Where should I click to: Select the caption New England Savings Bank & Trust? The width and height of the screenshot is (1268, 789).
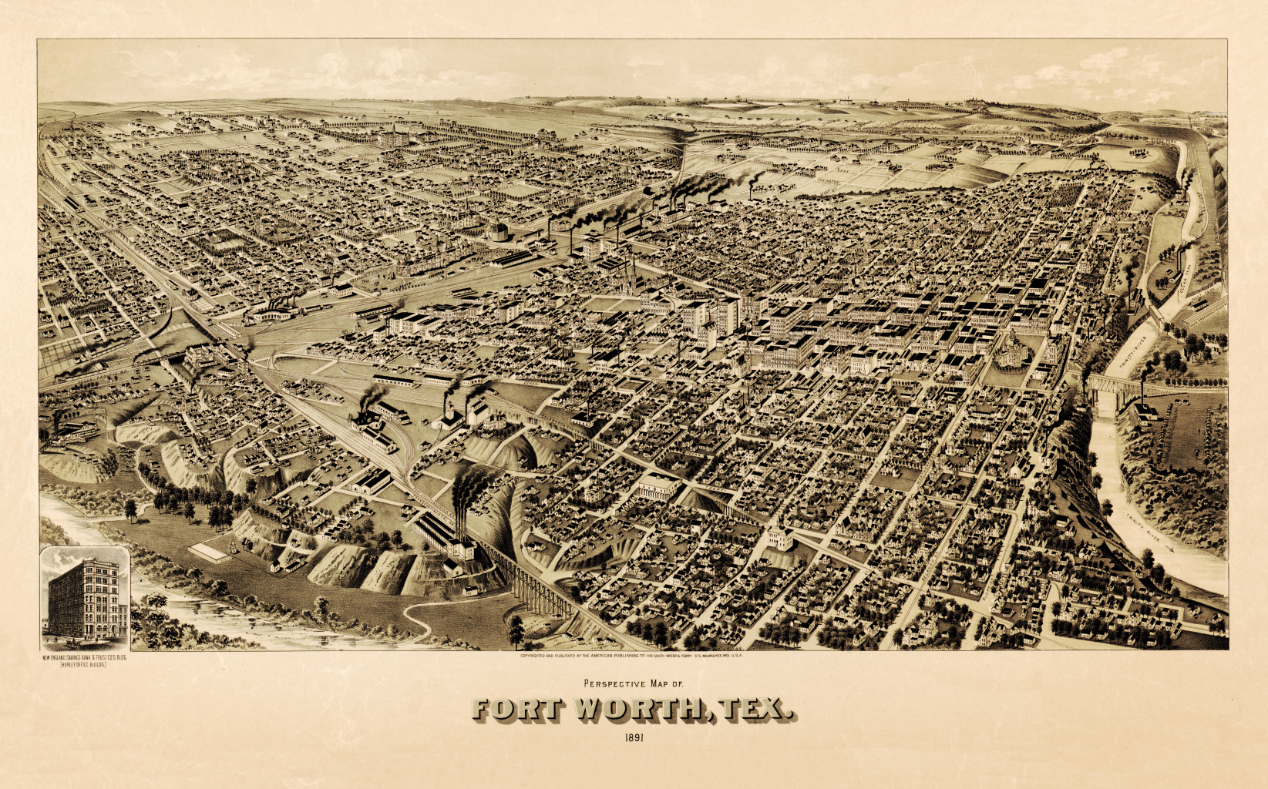pos(84,657)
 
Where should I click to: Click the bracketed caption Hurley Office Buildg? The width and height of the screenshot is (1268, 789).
pos(84,664)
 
